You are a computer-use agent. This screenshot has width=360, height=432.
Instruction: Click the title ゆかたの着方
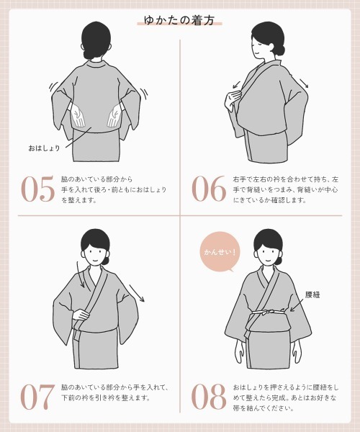pyautogui.click(x=179, y=20)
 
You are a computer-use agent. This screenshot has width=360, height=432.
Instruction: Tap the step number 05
pyautogui.click(x=37, y=189)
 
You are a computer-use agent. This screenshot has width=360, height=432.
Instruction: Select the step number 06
pyautogui.click(x=209, y=189)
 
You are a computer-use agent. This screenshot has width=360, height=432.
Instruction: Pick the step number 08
pyautogui.click(x=209, y=397)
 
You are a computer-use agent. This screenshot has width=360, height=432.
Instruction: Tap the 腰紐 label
pyautogui.click(x=312, y=294)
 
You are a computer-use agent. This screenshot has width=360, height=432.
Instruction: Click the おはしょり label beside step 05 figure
pyautogui.click(x=44, y=148)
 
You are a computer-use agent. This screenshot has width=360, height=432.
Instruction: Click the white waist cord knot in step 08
pyautogui.click(x=265, y=312)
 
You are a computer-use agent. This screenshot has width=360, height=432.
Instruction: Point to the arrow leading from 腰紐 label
pyautogui.click(x=297, y=305)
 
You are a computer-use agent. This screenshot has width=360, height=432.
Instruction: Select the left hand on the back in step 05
pyautogui.click(x=78, y=117)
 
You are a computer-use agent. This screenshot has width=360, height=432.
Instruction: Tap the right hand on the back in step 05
pyautogui.click(x=115, y=116)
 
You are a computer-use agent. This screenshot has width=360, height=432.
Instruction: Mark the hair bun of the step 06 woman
pyautogui.click(x=281, y=50)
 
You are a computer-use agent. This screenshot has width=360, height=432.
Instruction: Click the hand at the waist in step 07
pyautogui.click(x=82, y=315)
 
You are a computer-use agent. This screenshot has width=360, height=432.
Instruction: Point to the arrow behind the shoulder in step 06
pyautogui.click(x=304, y=83)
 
